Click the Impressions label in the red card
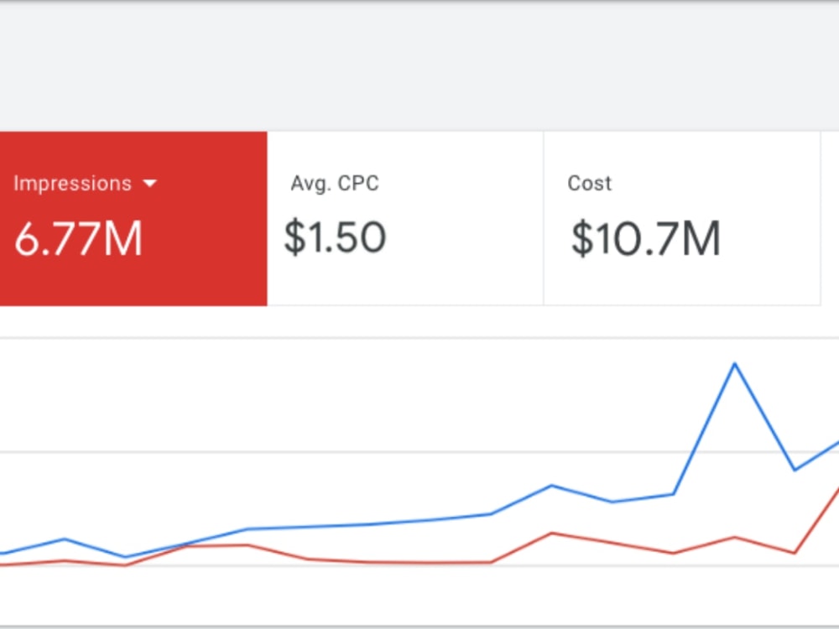click(x=72, y=184)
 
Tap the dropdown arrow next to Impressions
click(x=150, y=184)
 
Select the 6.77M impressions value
click(x=78, y=238)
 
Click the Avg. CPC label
click(x=335, y=183)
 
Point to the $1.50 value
click(x=335, y=237)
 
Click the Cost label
click(x=589, y=183)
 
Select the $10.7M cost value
click(x=646, y=238)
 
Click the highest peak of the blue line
click(x=735, y=364)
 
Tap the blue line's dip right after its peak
click(x=795, y=470)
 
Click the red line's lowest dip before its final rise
click(x=795, y=553)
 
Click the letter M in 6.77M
click(x=123, y=238)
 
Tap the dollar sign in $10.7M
click(x=582, y=238)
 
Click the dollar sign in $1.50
click(x=294, y=237)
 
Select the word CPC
click(x=358, y=183)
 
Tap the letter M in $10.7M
click(x=701, y=238)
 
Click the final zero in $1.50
click(x=372, y=237)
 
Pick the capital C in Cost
click(x=574, y=183)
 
